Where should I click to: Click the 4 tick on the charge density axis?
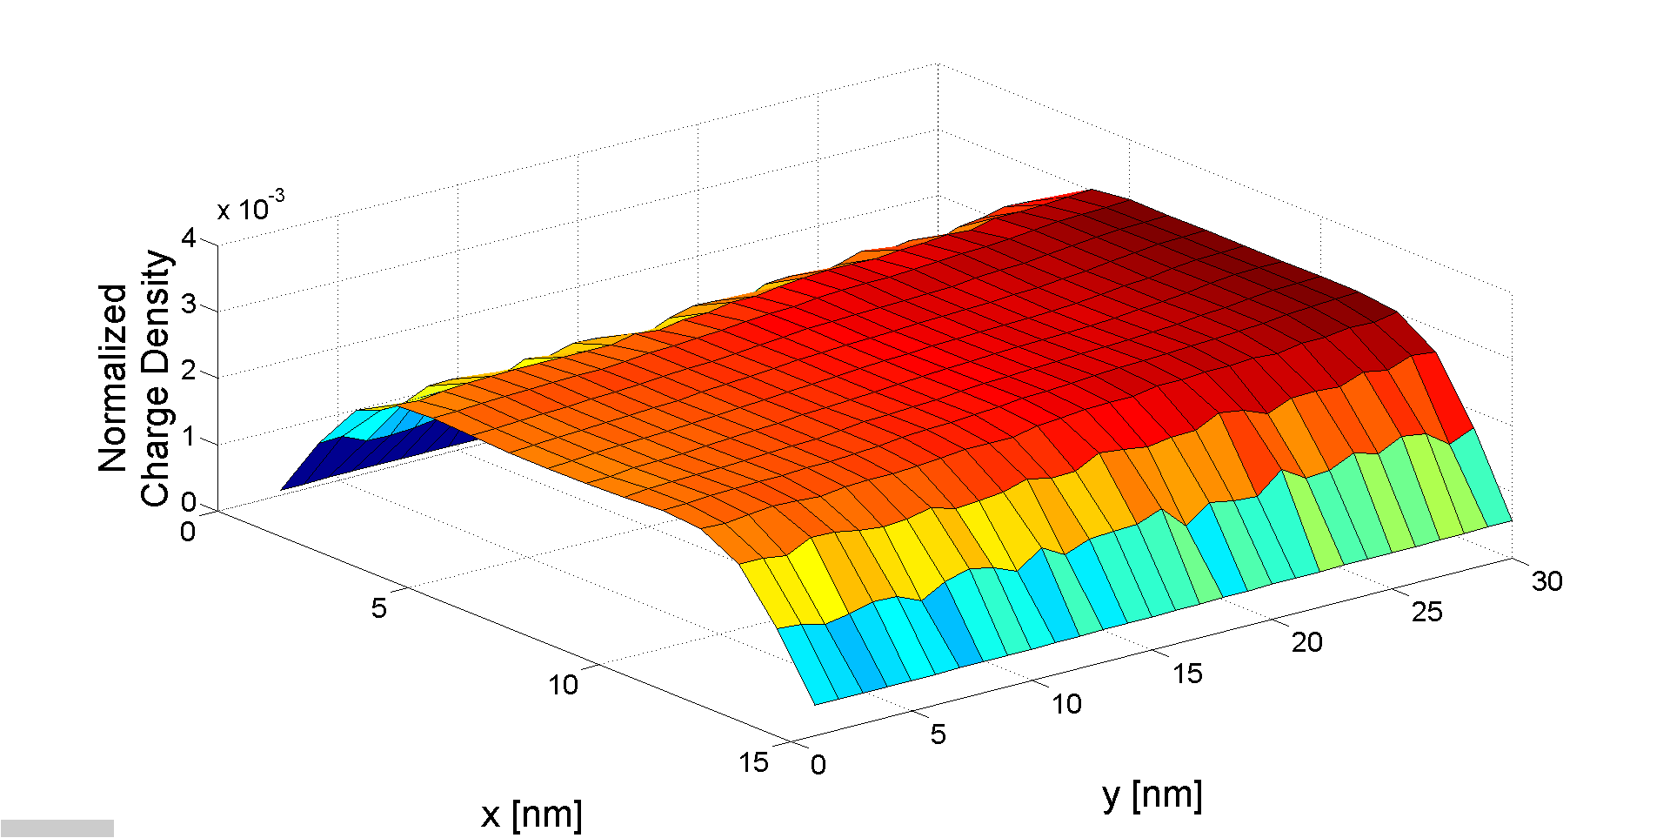tap(188, 238)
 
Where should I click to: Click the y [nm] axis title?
tap(1152, 794)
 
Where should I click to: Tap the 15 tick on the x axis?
tap(753, 762)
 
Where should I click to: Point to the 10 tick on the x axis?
tap(563, 685)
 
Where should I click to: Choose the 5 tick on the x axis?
tap(378, 607)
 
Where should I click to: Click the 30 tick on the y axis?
tap(1546, 580)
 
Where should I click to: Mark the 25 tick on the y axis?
tap(1426, 612)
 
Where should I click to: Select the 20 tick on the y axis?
tap(1306, 642)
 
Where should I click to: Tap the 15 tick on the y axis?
tap(1187, 673)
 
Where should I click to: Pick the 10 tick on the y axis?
tap(1066, 703)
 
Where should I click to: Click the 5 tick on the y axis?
tap(938, 734)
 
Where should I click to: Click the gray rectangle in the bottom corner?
tap(57, 828)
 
